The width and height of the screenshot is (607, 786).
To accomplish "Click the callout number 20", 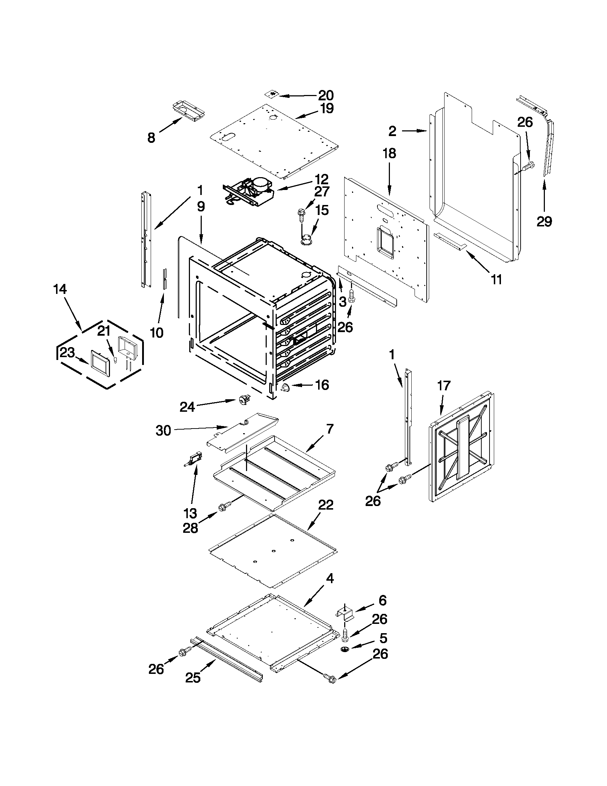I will click(x=326, y=95).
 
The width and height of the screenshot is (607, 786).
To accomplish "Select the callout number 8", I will click(x=151, y=137).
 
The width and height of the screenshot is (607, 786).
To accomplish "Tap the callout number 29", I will click(x=544, y=221).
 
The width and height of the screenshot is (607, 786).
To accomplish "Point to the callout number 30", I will click(x=163, y=430).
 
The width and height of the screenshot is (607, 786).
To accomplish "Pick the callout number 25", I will click(x=192, y=678).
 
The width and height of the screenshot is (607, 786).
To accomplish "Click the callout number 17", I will click(x=444, y=386).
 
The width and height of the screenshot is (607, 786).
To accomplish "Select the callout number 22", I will click(x=326, y=505).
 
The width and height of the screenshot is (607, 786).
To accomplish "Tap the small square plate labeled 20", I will click(x=274, y=94).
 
